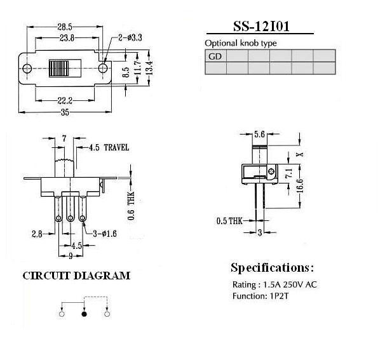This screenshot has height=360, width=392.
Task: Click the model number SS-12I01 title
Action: [x=261, y=26]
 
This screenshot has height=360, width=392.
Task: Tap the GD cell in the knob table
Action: [x=215, y=56]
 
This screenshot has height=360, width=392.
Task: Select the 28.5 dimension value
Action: [x=65, y=27]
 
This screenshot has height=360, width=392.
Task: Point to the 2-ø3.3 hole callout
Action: [x=130, y=37]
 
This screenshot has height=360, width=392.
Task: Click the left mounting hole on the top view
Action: [x=27, y=69]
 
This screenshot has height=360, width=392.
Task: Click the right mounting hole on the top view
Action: [x=103, y=68]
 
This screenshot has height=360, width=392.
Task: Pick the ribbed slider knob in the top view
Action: [x=59, y=68]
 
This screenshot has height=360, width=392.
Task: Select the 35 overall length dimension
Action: [x=65, y=112]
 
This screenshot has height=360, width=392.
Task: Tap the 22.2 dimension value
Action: [x=65, y=101]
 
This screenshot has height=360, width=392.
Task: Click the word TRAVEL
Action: [x=116, y=147]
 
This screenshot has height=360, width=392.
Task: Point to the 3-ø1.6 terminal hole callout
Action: [x=105, y=234]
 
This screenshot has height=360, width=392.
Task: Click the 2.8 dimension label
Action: [x=37, y=234]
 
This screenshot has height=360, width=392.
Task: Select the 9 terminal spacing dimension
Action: [x=71, y=256]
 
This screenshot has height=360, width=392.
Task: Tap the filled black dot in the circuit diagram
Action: [x=84, y=314]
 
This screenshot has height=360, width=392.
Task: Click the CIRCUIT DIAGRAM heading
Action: [x=76, y=276]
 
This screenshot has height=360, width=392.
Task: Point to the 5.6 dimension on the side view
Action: [x=259, y=135]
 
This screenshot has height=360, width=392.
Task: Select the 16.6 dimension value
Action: [x=301, y=185]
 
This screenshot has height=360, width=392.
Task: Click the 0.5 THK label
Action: [x=229, y=221]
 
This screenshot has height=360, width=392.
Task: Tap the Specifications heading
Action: [x=272, y=268]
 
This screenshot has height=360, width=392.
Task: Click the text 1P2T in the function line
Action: [x=279, y=297]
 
